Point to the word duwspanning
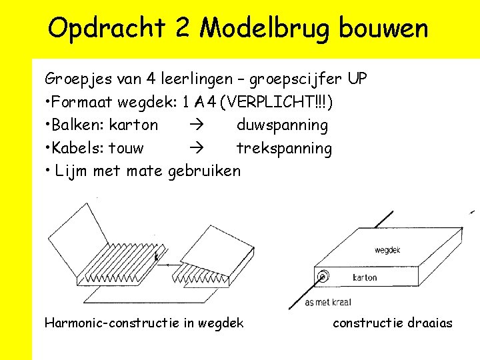[282, 125]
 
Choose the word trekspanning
[284, 148]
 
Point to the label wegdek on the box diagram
[387, 251]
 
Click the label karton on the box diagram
[365, 277]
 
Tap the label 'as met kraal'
[328, 303]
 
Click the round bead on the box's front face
[323, 276]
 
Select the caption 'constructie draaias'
[392, 323]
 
